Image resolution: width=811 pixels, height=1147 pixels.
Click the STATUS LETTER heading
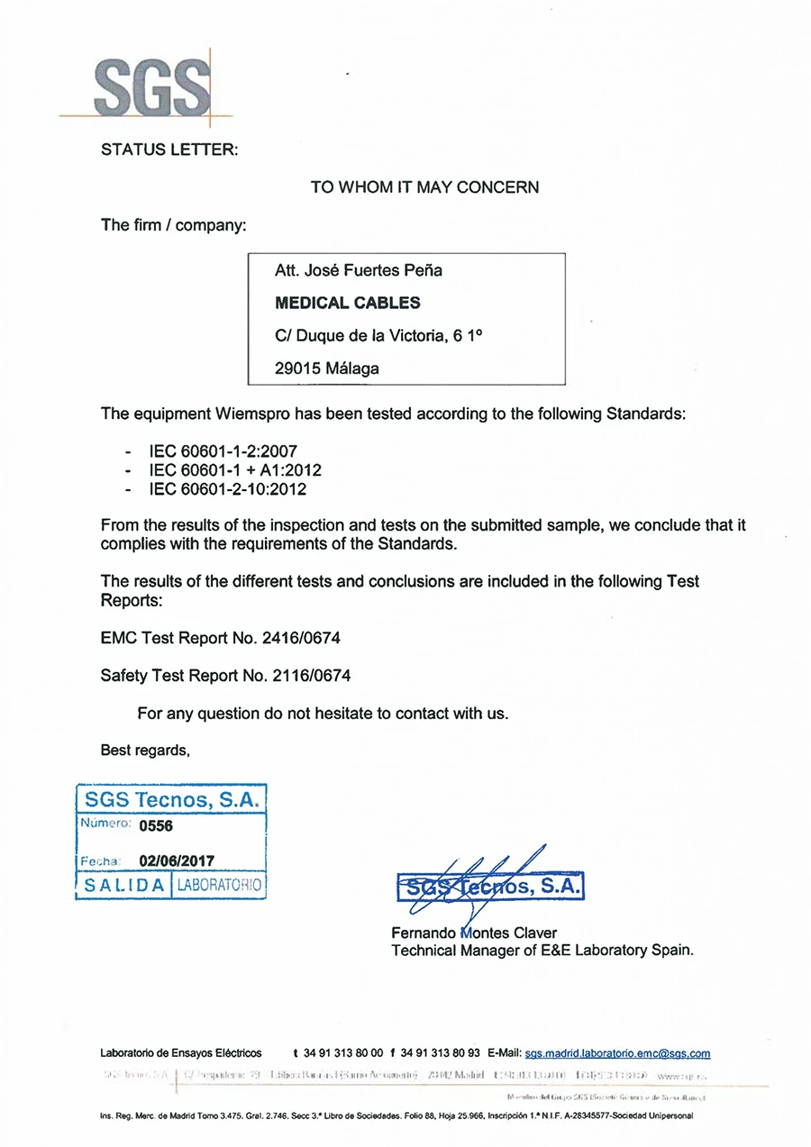coord(169,150)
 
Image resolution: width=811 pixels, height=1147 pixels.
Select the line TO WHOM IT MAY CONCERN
coord(424,187)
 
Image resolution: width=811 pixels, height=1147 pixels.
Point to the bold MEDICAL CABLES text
coord(347,303)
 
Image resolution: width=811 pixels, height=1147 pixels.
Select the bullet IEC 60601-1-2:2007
coord(223,451)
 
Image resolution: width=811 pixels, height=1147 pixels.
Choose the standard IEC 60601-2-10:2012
coord(227,489)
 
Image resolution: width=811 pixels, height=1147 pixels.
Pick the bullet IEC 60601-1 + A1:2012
coord(234,470)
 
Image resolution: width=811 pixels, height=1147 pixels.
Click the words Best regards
coord(145,751)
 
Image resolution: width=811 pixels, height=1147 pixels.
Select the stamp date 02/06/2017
coord(177,860)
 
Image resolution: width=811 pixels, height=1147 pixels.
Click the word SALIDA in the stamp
coord(123,885)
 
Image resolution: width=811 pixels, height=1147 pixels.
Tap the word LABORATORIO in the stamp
coord(219,885)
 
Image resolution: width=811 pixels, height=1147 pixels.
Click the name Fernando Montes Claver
coord(474,933)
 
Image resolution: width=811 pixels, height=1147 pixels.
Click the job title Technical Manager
coord(448,950)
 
